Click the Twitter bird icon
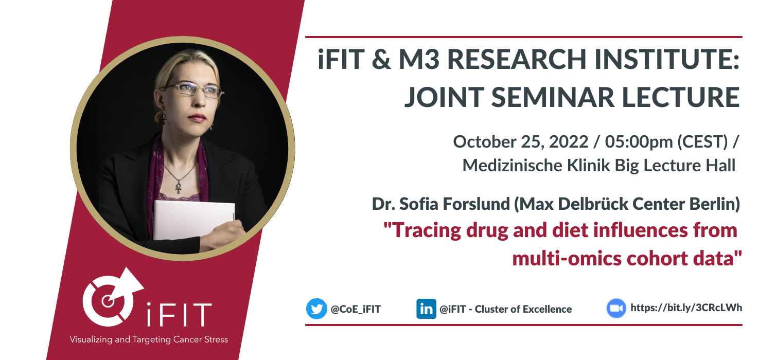point(316,309)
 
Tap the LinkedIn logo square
point(426,309)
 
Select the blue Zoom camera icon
point(616,308)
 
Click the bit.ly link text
point(686,308)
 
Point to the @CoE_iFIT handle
point(356,309)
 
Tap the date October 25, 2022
point(521,142)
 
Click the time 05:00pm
point(639,142)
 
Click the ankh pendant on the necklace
point(179,188)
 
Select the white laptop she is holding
point(194,220)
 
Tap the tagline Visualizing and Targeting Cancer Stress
point(149,339)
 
